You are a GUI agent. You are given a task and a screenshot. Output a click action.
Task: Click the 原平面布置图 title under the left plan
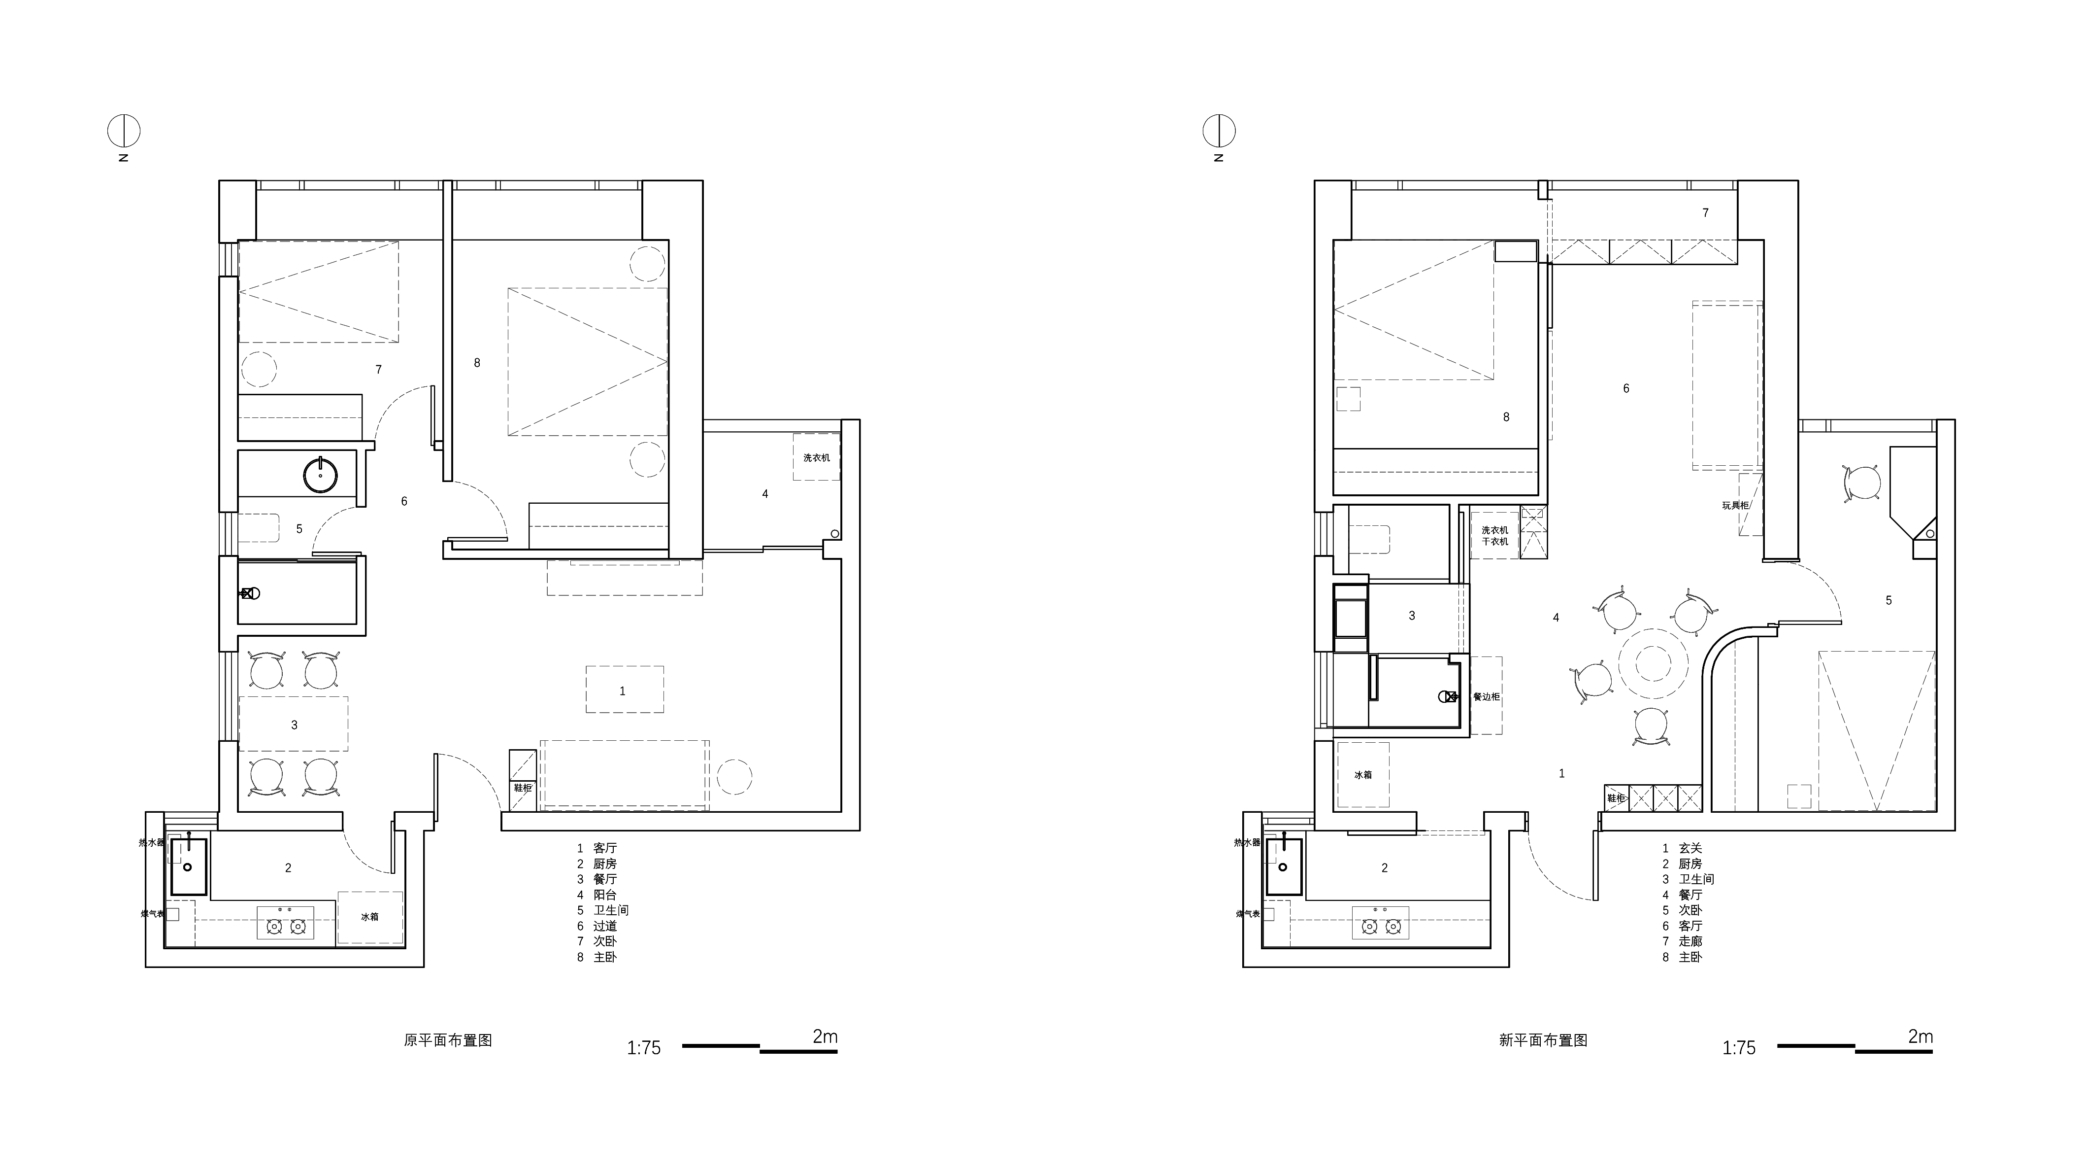coord(448,1040)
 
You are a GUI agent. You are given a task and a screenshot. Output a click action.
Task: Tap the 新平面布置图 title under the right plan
coord(1543,1040)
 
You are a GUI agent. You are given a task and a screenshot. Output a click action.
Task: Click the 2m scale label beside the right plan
coord(1920,1037)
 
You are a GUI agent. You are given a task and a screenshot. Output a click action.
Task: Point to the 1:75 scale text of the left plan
coord(644,1048)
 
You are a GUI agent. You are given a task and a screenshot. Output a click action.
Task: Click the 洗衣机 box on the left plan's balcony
coord(816,457)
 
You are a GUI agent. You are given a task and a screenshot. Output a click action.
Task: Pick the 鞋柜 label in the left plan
coord(523,788)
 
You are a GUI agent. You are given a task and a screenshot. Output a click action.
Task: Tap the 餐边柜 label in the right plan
coord(1486,696)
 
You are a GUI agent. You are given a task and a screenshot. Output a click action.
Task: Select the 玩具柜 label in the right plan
coord(1735,505)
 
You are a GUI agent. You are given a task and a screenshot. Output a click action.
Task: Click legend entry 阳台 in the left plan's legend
coord(605,895)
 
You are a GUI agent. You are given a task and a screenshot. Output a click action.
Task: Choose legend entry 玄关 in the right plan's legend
coord(1690,848)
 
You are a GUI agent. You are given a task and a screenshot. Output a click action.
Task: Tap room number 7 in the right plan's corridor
coord(1705,212)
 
